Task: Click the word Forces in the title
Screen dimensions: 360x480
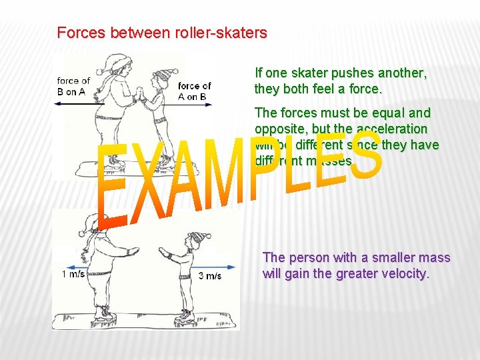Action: [78, 32]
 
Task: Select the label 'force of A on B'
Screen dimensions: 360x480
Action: [194, 91]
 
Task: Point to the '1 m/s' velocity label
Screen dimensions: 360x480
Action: [73, 274]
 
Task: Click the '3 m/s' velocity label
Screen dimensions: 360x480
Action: [210, 275]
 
